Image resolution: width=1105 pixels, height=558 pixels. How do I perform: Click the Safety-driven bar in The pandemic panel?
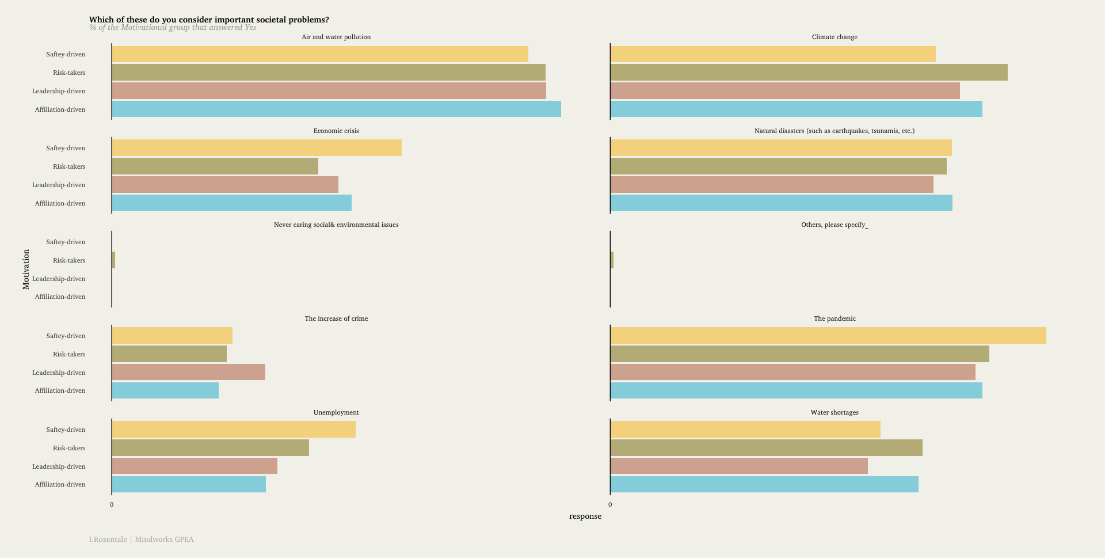[828, 336]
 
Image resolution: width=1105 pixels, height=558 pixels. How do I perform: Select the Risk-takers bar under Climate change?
[809, 73]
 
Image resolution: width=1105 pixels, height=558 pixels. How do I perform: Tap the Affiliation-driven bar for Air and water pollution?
[336, 109]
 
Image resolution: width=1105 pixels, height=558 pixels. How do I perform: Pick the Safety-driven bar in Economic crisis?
[257, 148]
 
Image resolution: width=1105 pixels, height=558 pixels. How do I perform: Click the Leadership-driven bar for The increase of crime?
[188, 373]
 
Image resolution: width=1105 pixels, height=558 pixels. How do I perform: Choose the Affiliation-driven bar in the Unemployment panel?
[189, 484]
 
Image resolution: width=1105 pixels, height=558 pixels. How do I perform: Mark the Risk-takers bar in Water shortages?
[766, 448]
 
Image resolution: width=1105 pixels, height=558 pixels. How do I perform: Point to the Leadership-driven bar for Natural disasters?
[772, 185]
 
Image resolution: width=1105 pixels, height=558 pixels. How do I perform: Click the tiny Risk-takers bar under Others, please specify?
[612, 260]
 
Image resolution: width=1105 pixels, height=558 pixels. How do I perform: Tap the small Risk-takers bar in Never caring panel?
[113, 260]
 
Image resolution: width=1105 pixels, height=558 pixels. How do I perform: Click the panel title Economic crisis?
[336, 131]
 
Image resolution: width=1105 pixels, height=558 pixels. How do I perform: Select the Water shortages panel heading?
[835, 412]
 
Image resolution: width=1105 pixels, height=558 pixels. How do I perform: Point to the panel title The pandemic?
[835, 318]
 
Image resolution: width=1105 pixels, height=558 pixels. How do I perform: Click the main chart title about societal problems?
[209, 20]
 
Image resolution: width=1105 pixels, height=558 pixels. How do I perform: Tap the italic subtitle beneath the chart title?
[173, 28]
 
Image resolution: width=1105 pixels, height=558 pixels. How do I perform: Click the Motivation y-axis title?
[26, 269]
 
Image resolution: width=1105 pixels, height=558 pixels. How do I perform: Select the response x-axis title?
[585, 516]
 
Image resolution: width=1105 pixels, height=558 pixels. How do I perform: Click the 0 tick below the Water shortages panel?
[610, 504]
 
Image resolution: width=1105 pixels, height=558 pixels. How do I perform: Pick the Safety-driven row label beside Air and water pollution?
[66, 54]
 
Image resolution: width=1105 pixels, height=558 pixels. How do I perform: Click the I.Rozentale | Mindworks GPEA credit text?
[142, 540]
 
